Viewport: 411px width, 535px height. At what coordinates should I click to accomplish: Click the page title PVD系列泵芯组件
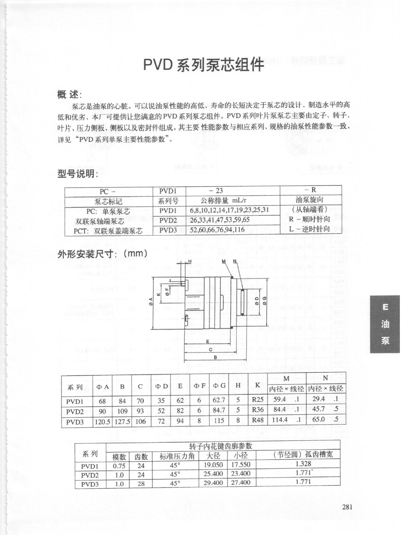coord(203,65)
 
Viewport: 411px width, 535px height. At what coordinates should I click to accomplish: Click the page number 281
coord(347,507)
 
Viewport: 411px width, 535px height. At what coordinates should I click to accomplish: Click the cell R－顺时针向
coord(309,219)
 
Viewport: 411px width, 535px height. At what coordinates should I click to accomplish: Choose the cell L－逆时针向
coord(309,229)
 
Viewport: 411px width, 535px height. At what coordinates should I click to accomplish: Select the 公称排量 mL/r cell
coord(224,200)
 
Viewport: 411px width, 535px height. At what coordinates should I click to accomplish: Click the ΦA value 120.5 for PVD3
coord(102,422)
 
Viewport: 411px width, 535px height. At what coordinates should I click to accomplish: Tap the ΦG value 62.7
coord(219,400)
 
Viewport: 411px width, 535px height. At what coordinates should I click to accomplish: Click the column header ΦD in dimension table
coord(162,386)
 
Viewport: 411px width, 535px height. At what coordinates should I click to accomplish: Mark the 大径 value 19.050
coord(213,464)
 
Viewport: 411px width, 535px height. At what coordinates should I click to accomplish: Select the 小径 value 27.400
coord(240,482)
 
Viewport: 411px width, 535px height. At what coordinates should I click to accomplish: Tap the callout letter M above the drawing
coord(224,261)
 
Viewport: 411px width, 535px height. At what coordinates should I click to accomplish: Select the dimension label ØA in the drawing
coord(151,302)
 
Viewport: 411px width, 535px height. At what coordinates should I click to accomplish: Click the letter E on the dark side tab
coord(385,307)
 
